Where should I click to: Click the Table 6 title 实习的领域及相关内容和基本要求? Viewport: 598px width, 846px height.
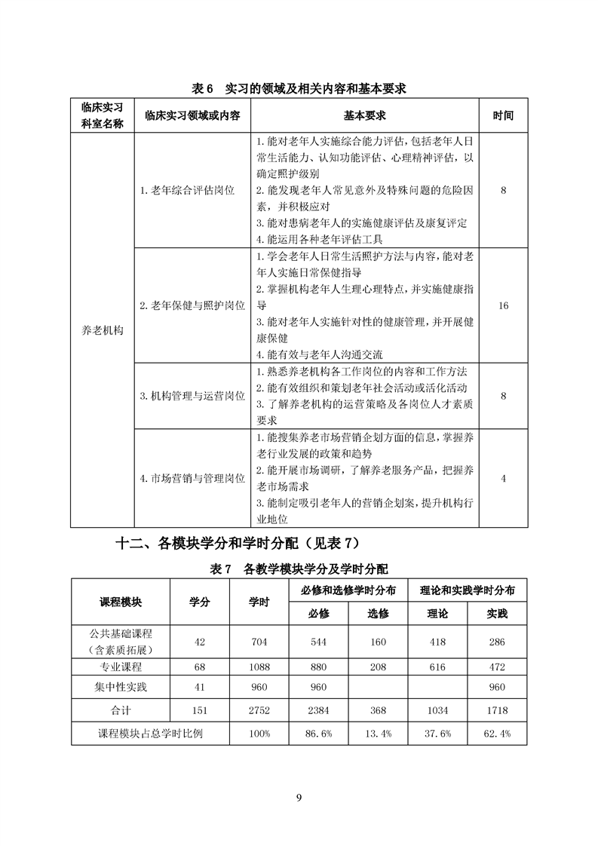coord(299,89)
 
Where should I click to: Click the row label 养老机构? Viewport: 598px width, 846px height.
coord(102,330)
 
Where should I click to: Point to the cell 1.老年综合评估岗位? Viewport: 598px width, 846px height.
coord(187,191)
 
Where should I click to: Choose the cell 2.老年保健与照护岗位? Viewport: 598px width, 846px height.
coord(192,305)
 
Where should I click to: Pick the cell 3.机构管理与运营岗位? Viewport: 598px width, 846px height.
coord(192,395)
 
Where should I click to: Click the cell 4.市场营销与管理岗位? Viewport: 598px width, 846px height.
coord(192,478)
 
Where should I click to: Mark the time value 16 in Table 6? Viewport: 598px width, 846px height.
coord(503,305)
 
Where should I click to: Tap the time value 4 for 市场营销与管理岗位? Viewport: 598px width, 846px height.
coord(503,478)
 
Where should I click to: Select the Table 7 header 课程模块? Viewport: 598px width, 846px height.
coord(121,602)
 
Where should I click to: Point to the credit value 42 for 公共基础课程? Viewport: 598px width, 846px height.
coord(200,642)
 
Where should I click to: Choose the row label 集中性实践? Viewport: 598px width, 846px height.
coord(121,688)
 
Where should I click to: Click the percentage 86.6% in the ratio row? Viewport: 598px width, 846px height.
coord(319,733)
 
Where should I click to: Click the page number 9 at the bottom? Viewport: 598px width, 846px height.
coord(299,799)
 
